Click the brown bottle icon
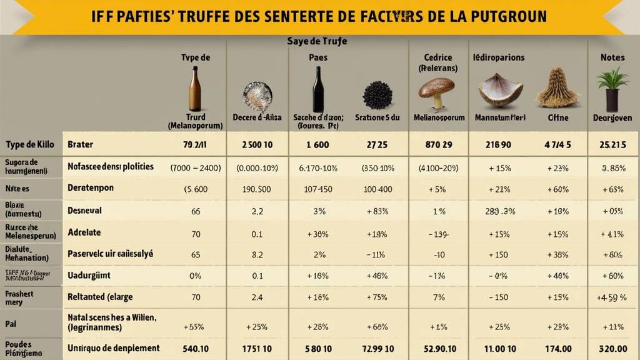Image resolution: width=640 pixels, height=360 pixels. tap(195, 89)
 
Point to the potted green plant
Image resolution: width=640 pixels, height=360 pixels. tap(612, 89)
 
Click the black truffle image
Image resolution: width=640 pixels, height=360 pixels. tap(377, 96)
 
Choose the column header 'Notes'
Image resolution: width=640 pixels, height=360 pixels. tap(612, 57)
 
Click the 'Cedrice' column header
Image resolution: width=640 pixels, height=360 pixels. tap(437, 57)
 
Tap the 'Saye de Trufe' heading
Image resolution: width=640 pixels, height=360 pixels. tap(317, 41)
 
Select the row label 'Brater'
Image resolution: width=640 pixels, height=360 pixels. tap(80, 144)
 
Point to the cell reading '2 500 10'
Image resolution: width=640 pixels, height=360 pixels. tap(257, 144)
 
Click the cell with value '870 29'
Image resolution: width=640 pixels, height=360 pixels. tap(437, 144)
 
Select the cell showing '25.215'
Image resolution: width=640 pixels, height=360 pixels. tap(612, 144)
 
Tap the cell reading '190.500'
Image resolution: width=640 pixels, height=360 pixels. tap(256, 189)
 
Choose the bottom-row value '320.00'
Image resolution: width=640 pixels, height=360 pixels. tap(612, 348)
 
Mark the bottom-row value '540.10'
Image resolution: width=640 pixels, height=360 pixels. tap(196, 348)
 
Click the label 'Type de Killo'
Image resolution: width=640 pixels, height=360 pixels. tap(30, 144)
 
